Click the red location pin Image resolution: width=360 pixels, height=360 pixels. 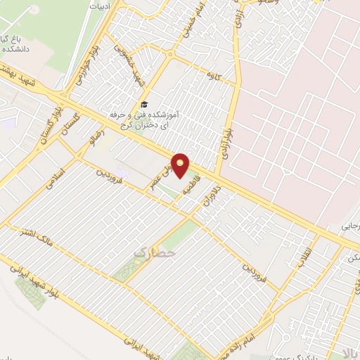click(x=181, y=165)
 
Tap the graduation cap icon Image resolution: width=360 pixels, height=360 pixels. click(x=144, y=103)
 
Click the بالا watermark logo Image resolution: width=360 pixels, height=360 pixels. click(x=349, y=349)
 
